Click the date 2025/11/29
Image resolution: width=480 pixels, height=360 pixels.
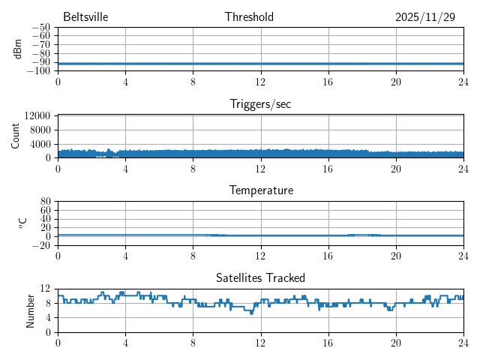coord(425,17)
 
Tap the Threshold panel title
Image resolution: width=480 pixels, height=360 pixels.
coord(249,17)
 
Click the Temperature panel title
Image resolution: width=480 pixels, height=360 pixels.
coord(260,190)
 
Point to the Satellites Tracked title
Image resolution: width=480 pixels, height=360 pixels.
coord(260,277)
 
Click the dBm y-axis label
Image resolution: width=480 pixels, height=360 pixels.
coord(17,49)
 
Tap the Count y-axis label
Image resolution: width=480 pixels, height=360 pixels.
coord(16,136)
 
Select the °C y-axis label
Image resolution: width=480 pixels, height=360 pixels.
coord(22,223)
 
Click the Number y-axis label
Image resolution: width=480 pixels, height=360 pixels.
coord(31,310)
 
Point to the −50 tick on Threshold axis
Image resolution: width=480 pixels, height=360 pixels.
coord(40,27)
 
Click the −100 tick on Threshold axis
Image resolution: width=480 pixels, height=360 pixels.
coord(38,71)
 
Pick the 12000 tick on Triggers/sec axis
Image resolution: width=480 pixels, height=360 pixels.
coord(37,115)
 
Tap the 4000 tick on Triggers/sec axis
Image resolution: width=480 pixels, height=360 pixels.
coord(40,144)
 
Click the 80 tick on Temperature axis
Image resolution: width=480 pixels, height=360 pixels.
coord(46,202)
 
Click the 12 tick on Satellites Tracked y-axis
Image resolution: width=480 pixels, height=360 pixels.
coord(46,289)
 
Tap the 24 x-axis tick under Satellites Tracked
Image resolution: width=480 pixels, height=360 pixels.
coord(463,343)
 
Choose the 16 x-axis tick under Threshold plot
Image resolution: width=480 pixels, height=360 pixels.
coord(328,82)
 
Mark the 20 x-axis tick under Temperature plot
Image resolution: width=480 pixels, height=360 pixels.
coord(395,256)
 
